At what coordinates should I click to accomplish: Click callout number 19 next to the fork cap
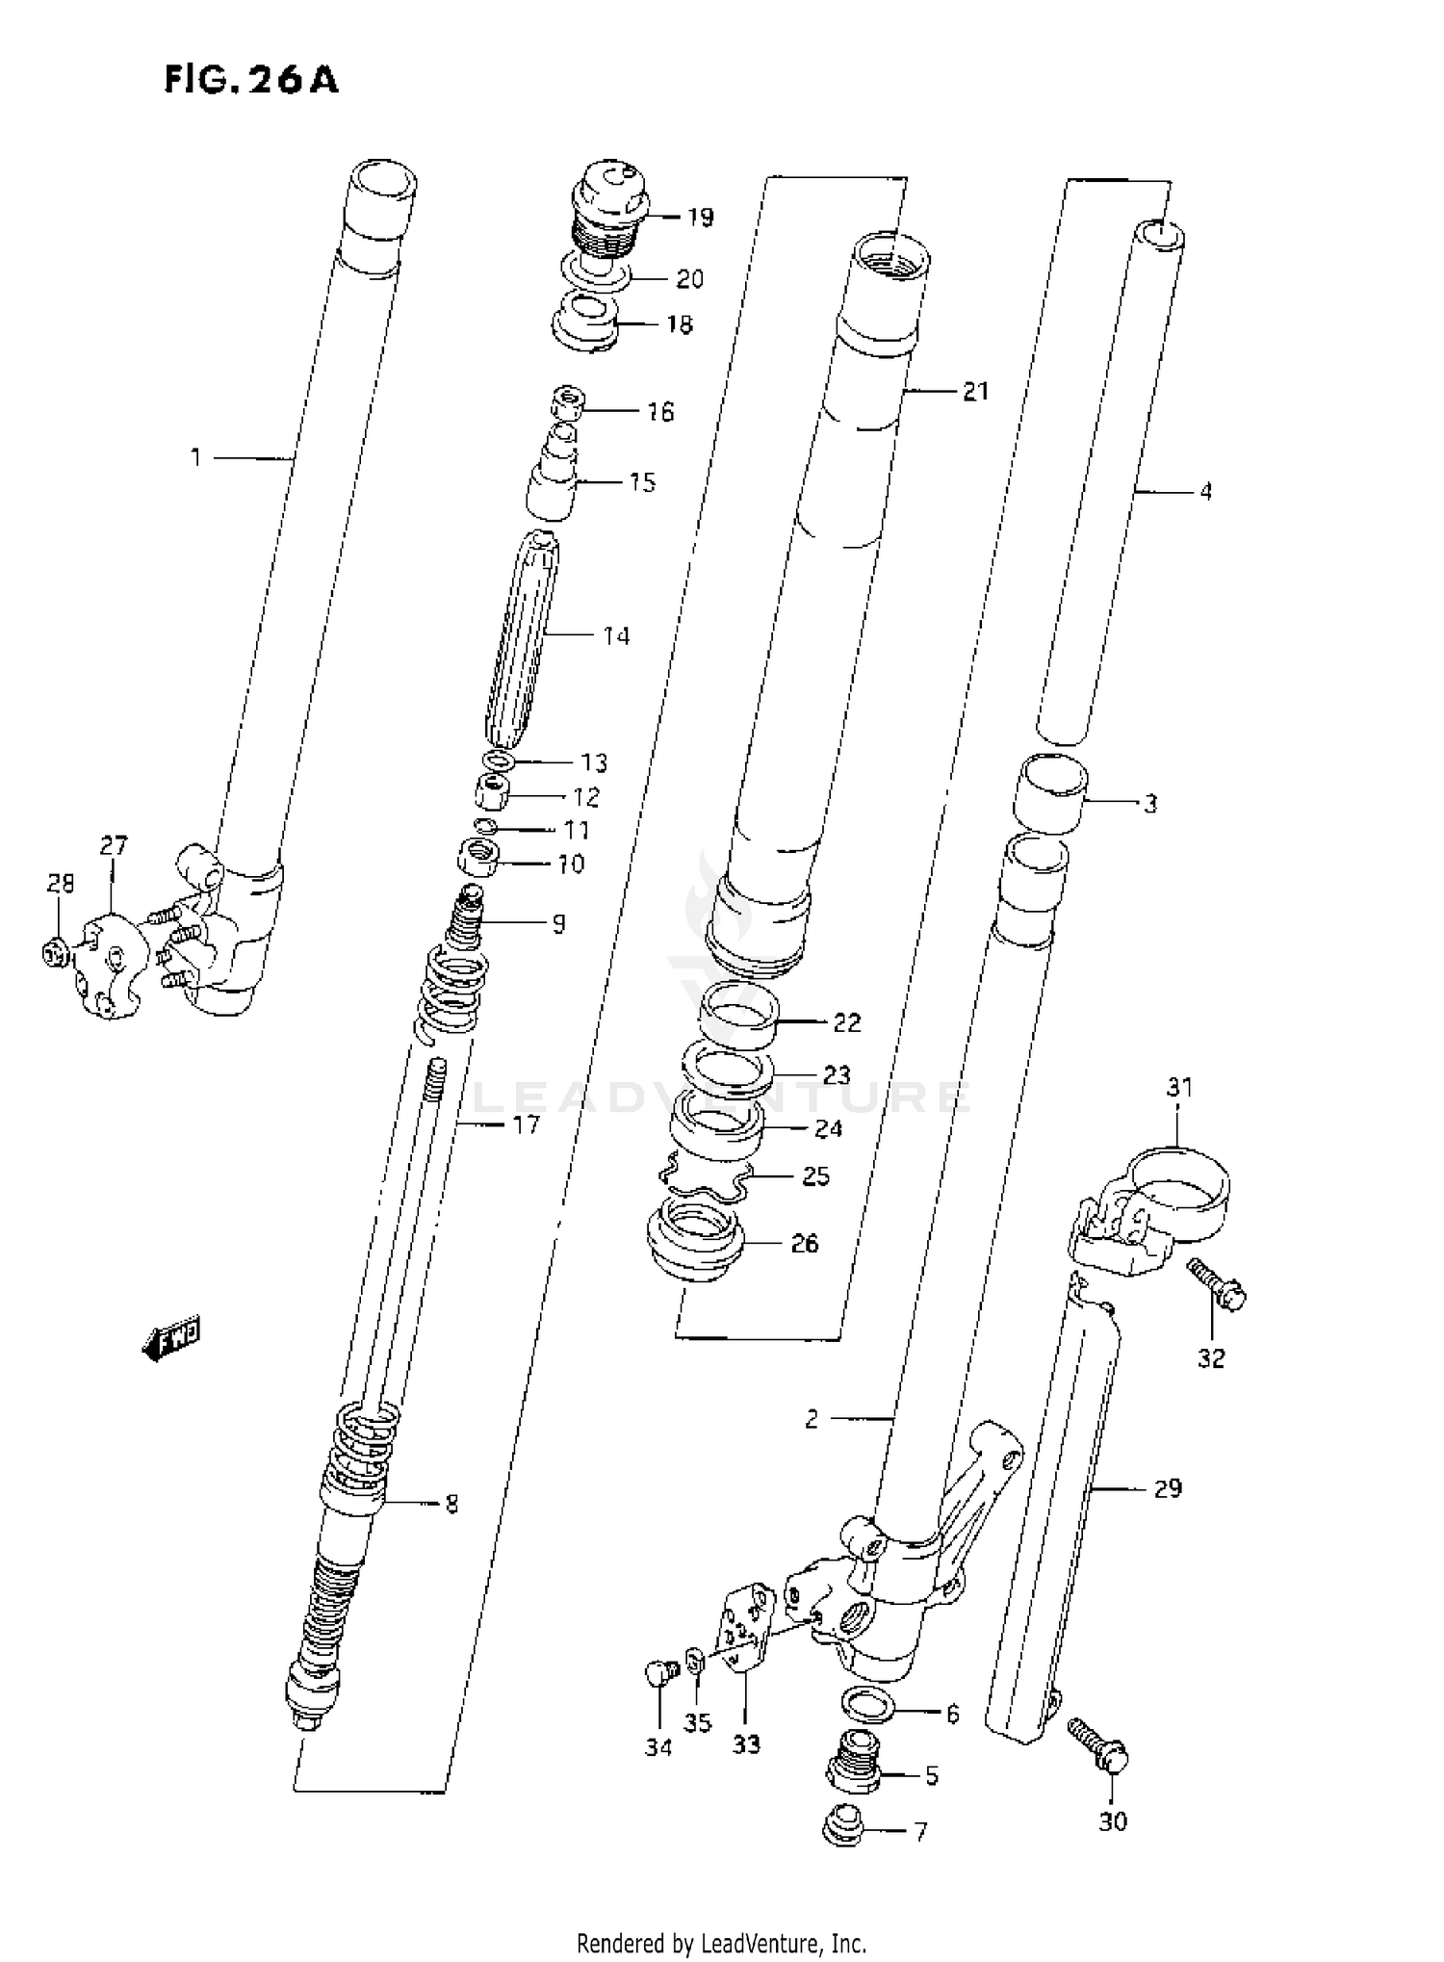pos(701,218)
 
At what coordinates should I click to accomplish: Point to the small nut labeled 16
pos(570,402)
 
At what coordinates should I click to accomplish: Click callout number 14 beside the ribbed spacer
pos(616,636)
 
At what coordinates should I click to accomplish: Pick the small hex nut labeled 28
pos(55,952)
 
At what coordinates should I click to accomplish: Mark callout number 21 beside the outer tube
pos(975,392)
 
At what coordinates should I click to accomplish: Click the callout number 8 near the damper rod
pos(451,1504)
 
